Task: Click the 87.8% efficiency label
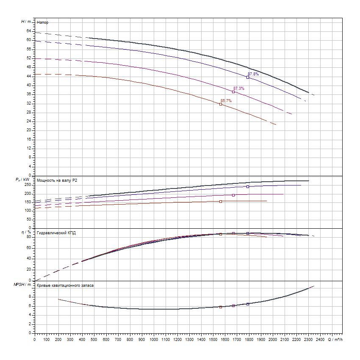253,74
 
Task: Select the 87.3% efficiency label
239,89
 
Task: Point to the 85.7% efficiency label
226,101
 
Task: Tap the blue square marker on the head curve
248,77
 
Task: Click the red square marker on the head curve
221,104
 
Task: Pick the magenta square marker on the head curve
233,92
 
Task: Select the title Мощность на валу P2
57,180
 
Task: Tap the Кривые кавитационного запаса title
65,285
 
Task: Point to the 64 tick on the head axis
29,31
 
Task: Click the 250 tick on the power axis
28,185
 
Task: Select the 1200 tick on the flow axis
177,339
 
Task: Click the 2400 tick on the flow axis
320,339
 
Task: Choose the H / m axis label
26,21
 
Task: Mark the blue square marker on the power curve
248,187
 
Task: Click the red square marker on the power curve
221,202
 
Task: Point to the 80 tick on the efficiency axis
29,237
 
